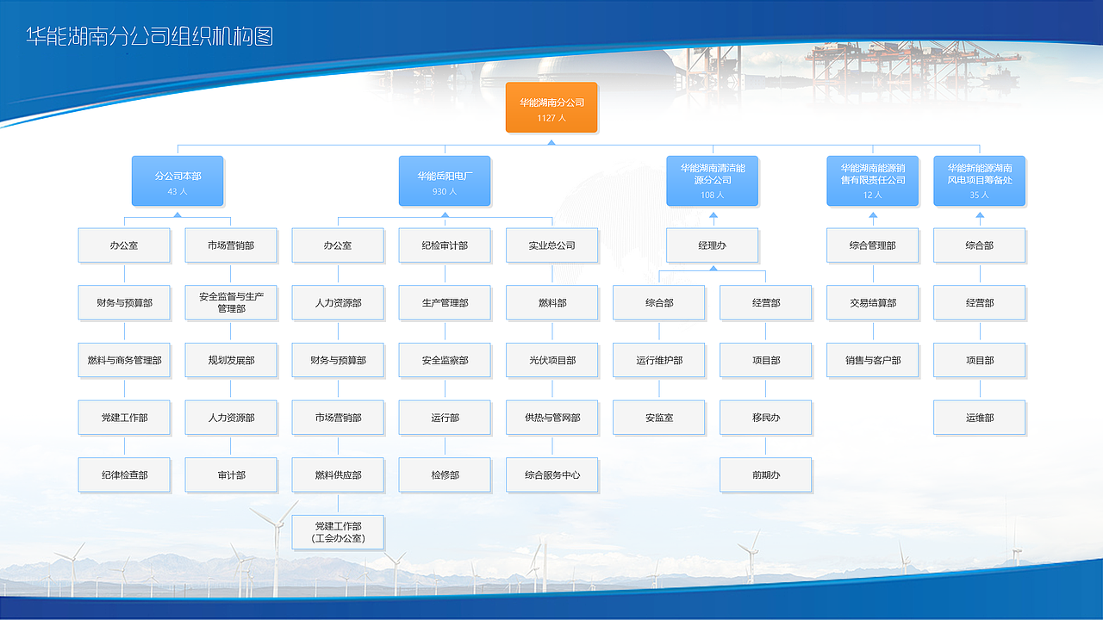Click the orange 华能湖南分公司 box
[551, 108]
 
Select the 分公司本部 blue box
[178, 181]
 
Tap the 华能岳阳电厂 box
[445, 181]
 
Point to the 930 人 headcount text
[445, 191]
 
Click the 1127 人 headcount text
[551, 118]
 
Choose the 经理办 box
[713, 245]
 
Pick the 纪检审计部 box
[445, 245]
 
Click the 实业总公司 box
[551, 245]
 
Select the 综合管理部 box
[873, 245]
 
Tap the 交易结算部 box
[873, 303]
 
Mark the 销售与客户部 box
[873, 361]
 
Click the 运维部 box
[980, 418]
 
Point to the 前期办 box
[766, 475]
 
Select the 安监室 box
[659, 418]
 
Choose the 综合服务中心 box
[551, 475]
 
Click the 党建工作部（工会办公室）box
[338, 532]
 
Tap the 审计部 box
[231, 475]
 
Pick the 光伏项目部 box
[551, 361]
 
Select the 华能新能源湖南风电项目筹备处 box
[980, 181]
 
